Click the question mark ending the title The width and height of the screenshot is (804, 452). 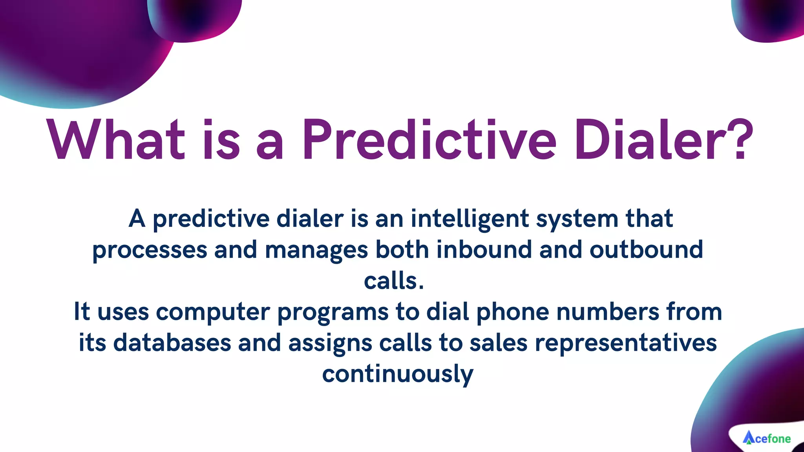click(x=740, y=140)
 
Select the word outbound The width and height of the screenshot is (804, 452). click(x=646, y=250)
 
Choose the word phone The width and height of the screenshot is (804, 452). click(x=513, y=313)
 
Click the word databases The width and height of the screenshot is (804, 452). click(x=172, y=343)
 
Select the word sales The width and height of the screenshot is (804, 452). click(x=498, y=343)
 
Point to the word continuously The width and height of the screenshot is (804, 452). click(x=398, y=374)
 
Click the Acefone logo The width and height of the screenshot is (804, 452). click(x=766, y=438)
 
